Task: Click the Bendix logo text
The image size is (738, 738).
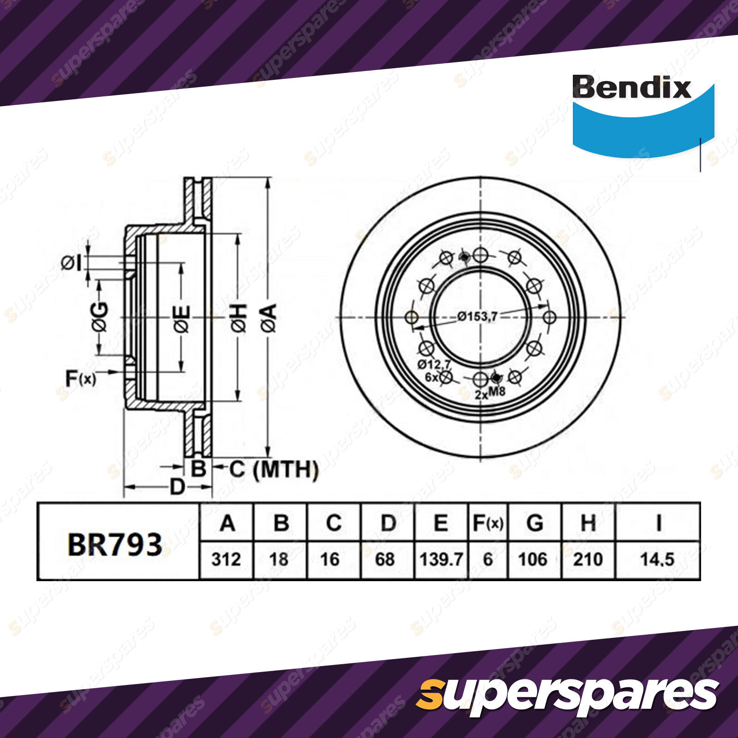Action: click(631, 87)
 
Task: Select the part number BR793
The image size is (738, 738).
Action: click(115, 545)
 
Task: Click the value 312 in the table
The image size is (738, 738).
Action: click(226, 559)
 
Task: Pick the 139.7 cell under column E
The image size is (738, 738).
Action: click(441, 559)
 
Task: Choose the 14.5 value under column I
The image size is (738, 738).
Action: click(657, 559)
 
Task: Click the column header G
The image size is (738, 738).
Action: click(534, 524)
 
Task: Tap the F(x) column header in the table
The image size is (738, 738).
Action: click(488, 524)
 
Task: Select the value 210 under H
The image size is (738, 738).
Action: click(588, 559)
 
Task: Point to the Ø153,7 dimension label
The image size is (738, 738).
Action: click(477, 316)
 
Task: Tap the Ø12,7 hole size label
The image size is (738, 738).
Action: click(434, 364)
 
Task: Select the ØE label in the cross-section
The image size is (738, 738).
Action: click(182, 318)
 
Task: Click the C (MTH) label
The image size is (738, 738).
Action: click(274, 470)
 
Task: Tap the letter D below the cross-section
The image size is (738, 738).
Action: click(178, 487)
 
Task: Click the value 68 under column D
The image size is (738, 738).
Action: click(385, 559)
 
